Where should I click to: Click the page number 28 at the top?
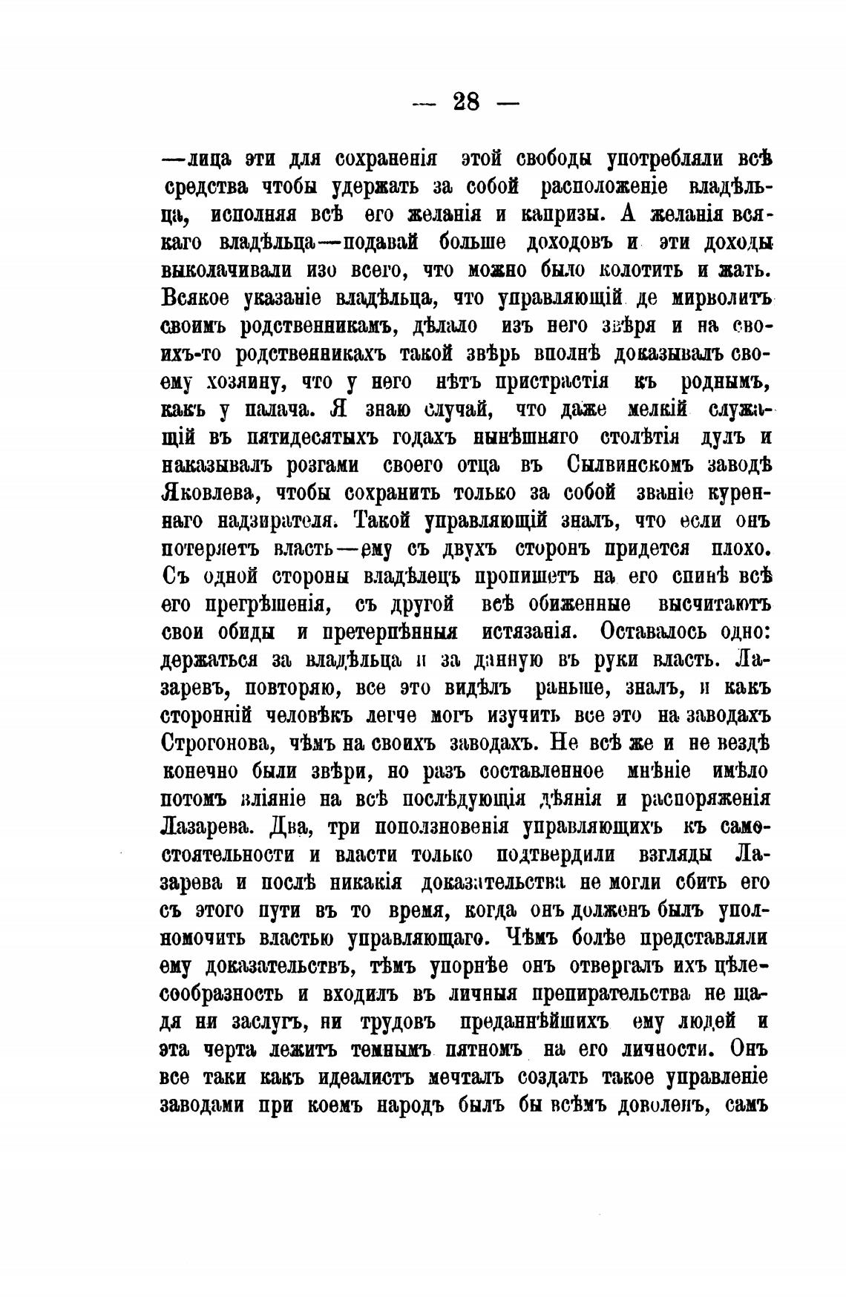[466, 102]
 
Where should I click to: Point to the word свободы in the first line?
[547, 159]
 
